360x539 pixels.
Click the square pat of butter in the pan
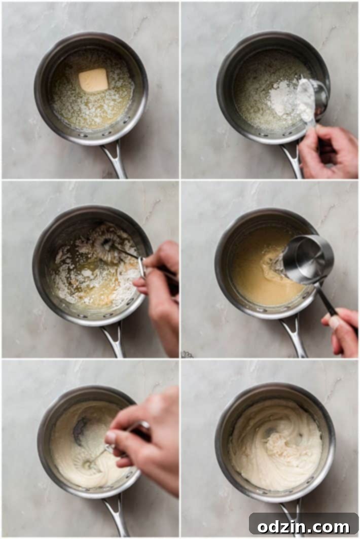(93, 80)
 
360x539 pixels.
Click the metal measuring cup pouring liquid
(307, 259)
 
